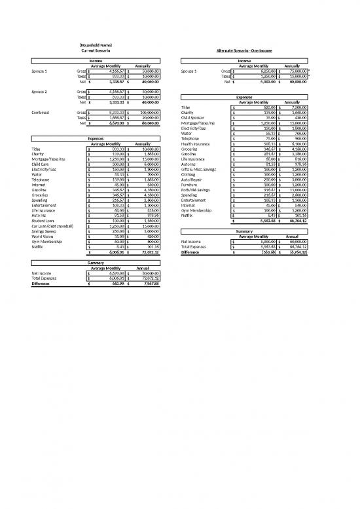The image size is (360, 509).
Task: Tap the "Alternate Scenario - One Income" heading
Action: [x=251, y=50]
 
